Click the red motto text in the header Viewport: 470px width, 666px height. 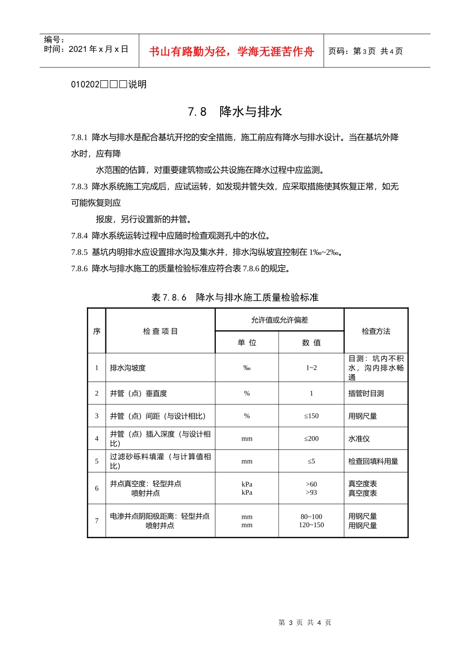click(232, 52)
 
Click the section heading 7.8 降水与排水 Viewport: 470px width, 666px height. click(235, 111)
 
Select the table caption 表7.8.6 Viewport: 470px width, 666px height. click(169, 297)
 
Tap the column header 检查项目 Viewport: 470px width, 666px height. click(160, 331)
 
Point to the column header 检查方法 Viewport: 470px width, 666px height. click(376, 331)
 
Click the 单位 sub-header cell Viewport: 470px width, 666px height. click(247, 342)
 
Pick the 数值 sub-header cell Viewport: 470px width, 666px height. click(311, 342)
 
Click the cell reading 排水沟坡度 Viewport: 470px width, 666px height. click(128, 368)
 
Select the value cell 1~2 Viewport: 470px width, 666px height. click(311, 368)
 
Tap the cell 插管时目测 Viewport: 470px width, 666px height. click(366, 393)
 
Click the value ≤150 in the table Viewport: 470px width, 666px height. click(311, 416)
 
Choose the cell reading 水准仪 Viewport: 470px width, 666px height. click(359, 439)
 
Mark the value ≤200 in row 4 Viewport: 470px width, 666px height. click(311, 439)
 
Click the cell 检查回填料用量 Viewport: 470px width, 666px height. click(373, 461)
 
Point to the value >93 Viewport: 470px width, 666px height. click(311, 493)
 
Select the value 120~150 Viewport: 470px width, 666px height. click(311, 525)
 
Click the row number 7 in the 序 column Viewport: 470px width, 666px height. click(96, 521)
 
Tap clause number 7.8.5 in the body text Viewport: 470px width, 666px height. click(79, 252)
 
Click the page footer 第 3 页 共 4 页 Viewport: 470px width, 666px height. click(305, 622)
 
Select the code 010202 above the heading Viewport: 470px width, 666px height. click(86, 84)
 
